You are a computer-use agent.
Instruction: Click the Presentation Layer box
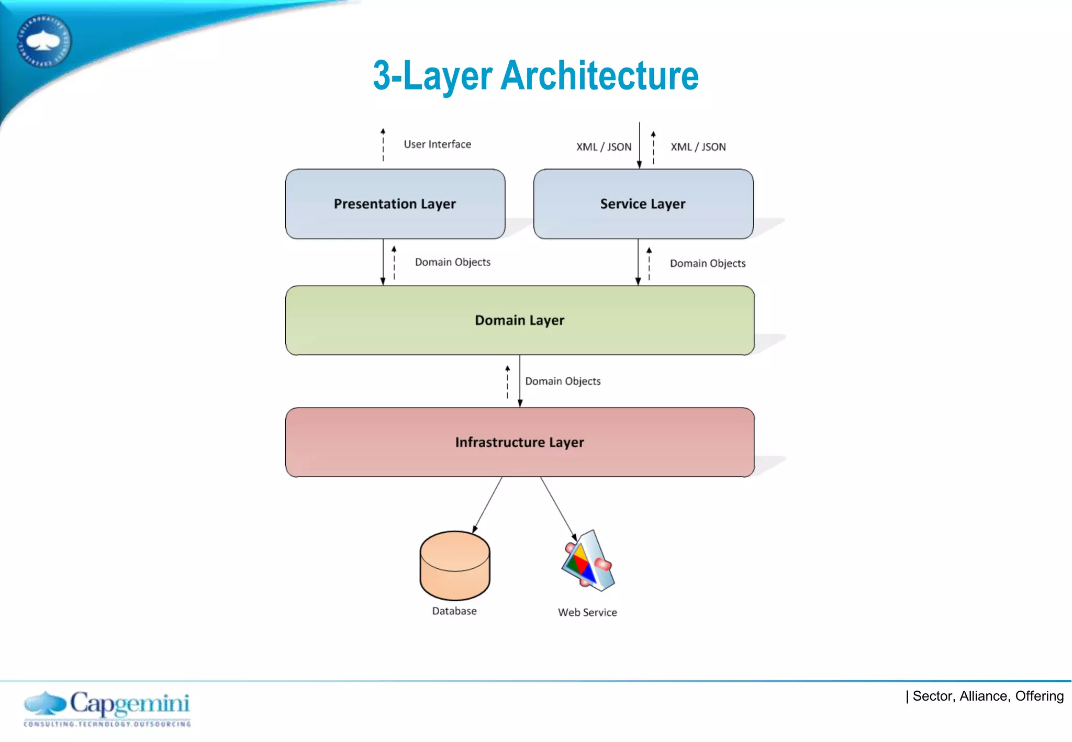pyautogui.click(x=395, y=204)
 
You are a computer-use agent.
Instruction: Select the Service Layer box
pyautogui.click(x=643, y=204)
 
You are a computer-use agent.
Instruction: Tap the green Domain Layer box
pyautogui.click(x=519, y=320)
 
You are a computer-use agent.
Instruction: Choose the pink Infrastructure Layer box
pyautogui.click(x=519, y=443)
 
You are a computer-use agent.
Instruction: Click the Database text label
pyautogui.click(x=454, y=611)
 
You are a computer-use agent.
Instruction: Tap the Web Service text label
pyautogui.click(x=587, y=612)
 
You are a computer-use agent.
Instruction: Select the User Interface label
pyautogui.click(x=437, y=144)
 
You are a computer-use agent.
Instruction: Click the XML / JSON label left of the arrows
pyautogui.click(x=604, y=147)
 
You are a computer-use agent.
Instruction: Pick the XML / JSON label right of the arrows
pyautogui.click(x=698, y=147)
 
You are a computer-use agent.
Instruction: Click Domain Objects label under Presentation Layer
pyautogui.click(x=452, y=262)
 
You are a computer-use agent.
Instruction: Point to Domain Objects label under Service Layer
pyautogui.click(x=707, y=263)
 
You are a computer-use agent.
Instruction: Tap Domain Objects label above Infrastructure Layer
pyautogui.click(x=563, y=381)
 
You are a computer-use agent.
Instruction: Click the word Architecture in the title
pyautogui.click(x=599, y=76)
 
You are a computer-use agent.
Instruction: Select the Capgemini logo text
pyautogui.click(x=129, y=704)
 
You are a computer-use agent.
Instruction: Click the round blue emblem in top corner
pyautogui.click(x=43, y=41)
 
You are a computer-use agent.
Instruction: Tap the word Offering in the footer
pyautogui.click(x=1039, y=696)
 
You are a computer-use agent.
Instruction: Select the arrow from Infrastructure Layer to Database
pyautogui.click(x=487, y=505)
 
